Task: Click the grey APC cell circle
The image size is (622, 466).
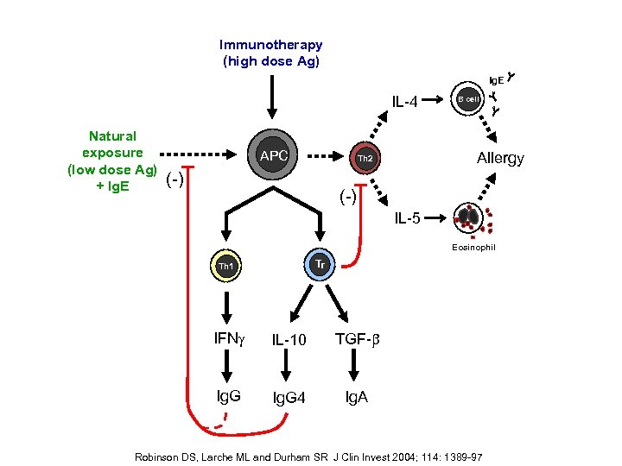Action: (x=273, y=156)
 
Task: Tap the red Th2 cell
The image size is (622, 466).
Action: (x=365, y=160)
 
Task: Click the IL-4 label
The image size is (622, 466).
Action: (x=404, y=103)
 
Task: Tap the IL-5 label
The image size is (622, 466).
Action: (x=408, y=217)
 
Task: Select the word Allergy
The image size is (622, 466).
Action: (x=500, y=159)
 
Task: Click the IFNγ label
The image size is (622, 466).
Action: (x=229, y=339)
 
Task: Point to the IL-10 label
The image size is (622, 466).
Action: (x=289, y=340)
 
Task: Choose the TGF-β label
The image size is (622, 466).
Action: (x=356, y=339)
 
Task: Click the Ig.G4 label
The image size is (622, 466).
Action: (x=289, y=398)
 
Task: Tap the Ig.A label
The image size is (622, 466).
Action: (x=356, y=397)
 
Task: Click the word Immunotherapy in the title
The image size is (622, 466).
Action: (x=270, y=45)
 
